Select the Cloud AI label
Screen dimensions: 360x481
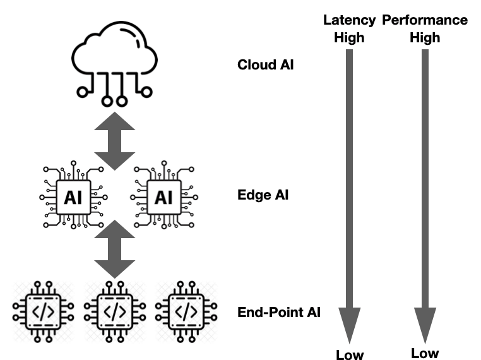(x=265, y=64)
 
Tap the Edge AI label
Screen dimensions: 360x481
(x=263, y=195)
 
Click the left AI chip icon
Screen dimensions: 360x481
(x=73, y=197)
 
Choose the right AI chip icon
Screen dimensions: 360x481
(x=163, y=197)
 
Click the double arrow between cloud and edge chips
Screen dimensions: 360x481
(x=114, y=140)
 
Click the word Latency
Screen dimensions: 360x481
(x=349, y=20)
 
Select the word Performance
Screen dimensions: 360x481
(x=425, y=20)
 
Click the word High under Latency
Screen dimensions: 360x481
(x=349, y=37)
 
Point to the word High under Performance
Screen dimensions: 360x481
(x=425, y=37)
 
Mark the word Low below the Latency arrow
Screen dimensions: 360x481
(x=350, y=354)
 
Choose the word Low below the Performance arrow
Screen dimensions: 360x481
(x=425, y=352)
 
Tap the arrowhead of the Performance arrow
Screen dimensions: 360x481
(x=425, y=323)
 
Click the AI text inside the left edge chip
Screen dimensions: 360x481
(x=73, y=198)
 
